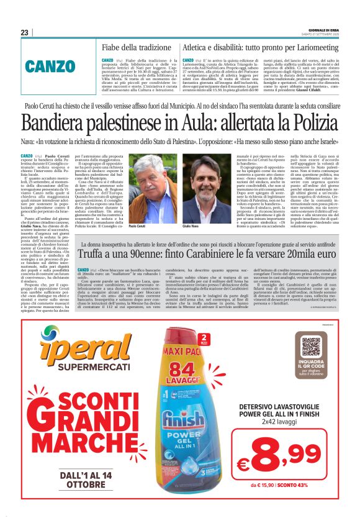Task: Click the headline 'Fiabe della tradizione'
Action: [x=137, y=47]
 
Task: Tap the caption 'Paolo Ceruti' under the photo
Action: [x=137, y=227]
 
